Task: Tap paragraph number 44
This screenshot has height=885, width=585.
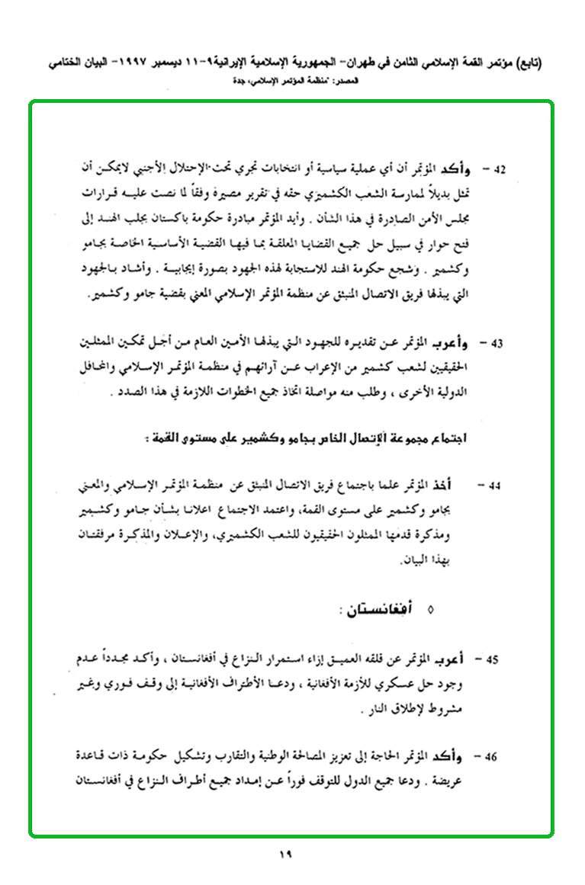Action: tap(497, 485)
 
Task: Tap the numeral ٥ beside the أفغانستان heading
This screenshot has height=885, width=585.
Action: tap(432, 610)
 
